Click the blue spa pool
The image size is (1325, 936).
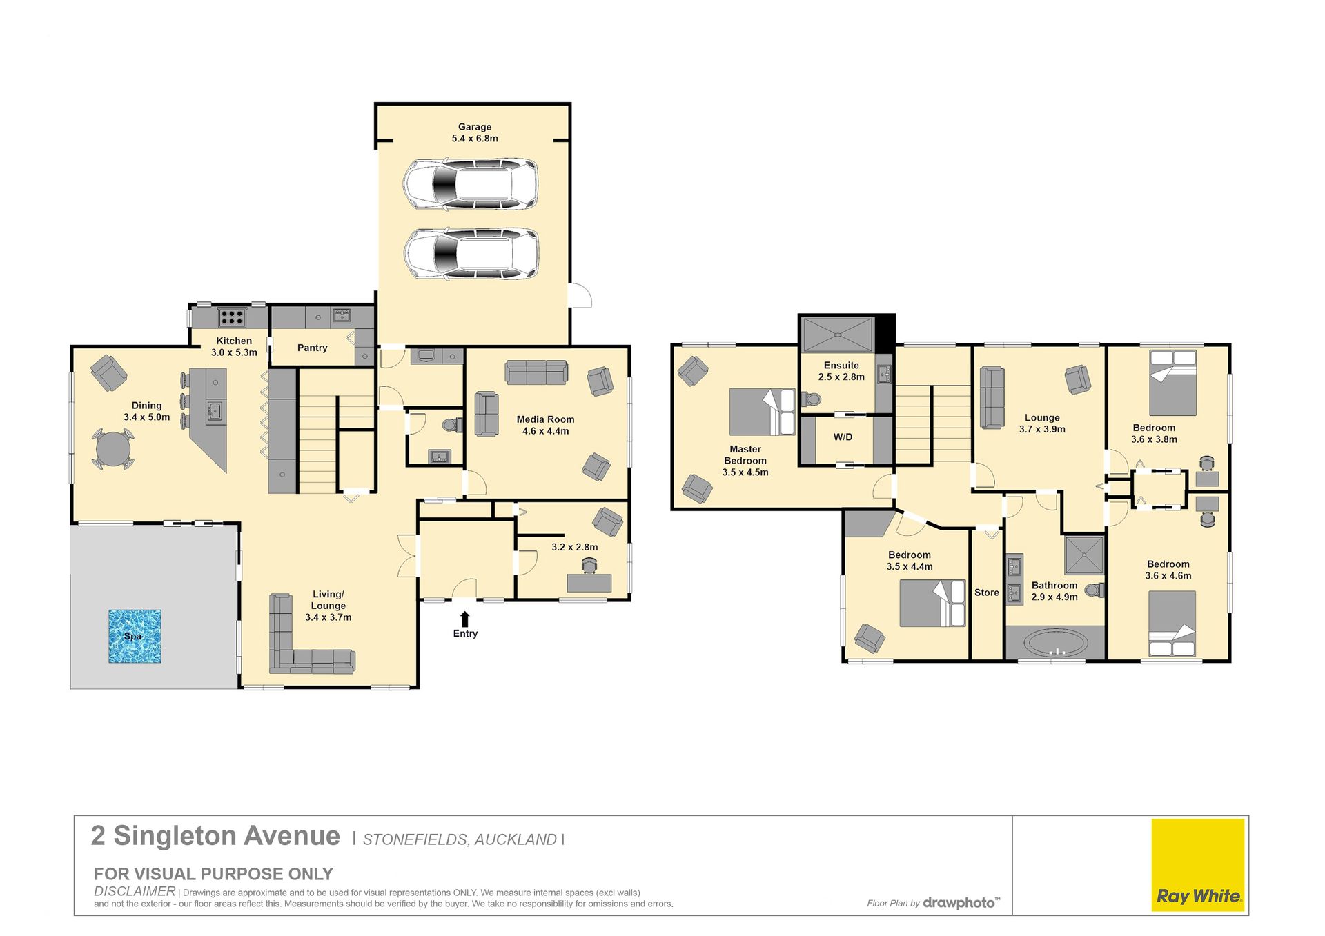coord(135,636)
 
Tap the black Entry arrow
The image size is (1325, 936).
coord(465,619)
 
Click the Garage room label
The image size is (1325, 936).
coord(475,127)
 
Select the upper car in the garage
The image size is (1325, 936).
coord(471,184)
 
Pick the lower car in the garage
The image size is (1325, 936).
coord(471,253)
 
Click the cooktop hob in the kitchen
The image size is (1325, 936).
coord(231,317)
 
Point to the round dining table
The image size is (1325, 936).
coord(113,450)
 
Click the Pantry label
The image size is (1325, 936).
coord(313,348)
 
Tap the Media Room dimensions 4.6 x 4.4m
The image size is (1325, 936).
coord(545,431)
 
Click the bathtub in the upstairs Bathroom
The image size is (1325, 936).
coord(1054,643)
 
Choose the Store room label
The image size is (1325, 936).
coord(987,593)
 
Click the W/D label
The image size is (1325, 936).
coord(843,437)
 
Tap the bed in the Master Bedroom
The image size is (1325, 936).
coord(762,412)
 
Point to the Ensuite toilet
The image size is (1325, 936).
coord(810,399)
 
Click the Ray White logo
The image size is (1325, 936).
coord(1198,865)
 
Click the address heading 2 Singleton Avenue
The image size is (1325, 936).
coord(215,836)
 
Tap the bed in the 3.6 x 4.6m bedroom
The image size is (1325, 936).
coord(1172,623)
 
